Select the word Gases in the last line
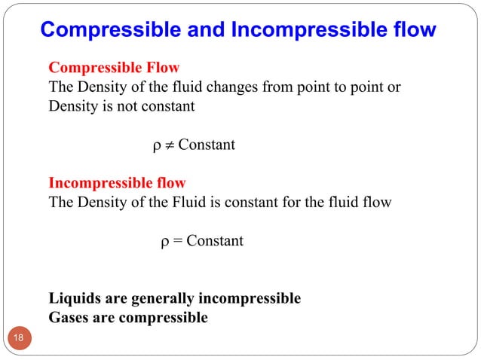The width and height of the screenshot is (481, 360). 69,317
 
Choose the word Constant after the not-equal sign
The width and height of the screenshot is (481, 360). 206,145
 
